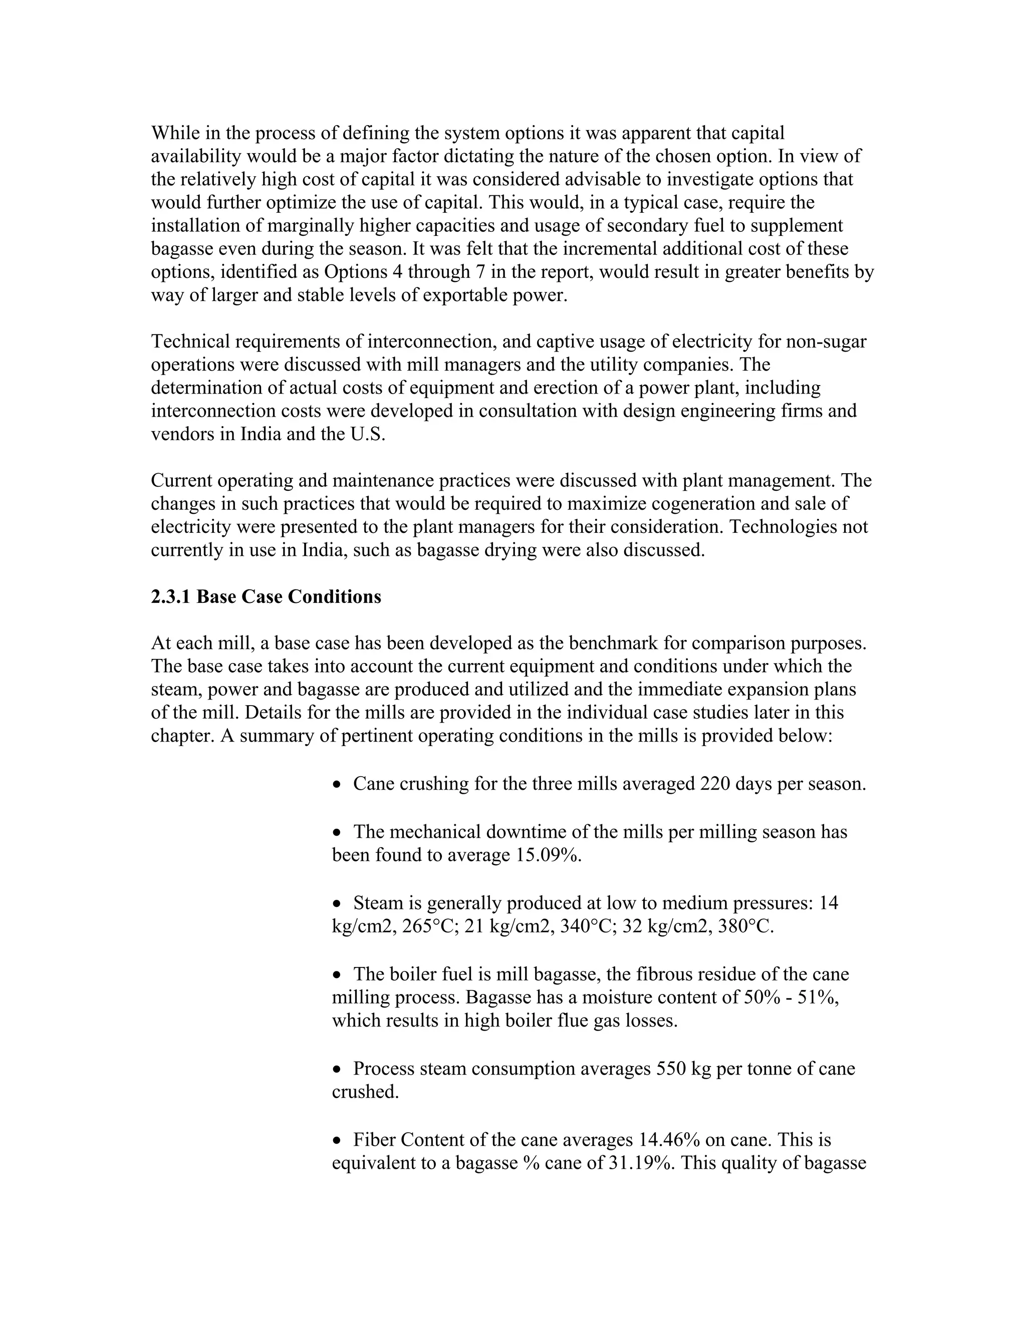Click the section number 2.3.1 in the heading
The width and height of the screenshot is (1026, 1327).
click(170, 597)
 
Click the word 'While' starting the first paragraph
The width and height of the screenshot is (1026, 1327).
click(172, 133)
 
